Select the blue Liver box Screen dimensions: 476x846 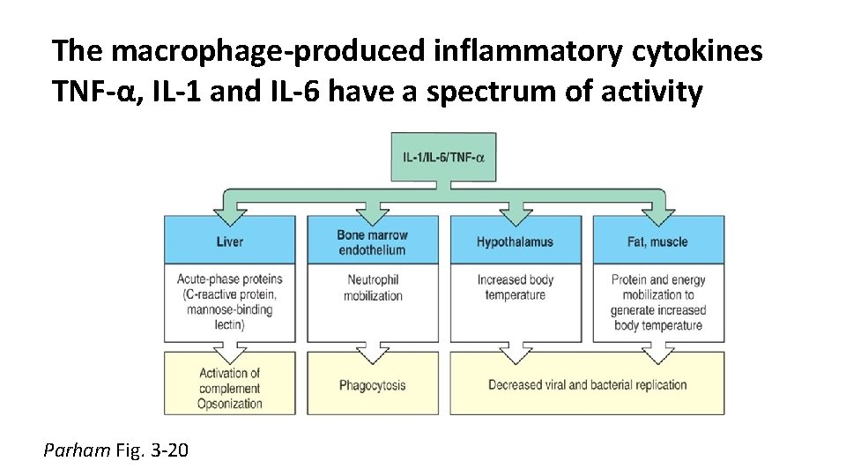(x=230, y=241)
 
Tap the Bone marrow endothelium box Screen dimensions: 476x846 (x=372, y=242)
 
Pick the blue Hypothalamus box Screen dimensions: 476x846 (x=515, y=242)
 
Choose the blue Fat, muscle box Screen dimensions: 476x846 (x=658, y=242)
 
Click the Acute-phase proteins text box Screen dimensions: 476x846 (x=230, y=301)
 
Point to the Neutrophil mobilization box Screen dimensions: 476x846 (x=372, y=288)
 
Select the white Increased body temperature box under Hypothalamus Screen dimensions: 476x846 (x=515, y=288)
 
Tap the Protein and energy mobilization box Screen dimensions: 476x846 (x=658, y=302)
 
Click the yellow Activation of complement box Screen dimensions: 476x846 (x=230, y=388)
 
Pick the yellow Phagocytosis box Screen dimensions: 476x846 (x=372, y=385)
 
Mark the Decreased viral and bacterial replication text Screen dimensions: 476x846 (x=587, y=384)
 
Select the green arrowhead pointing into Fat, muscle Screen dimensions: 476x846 (x=659, y=211)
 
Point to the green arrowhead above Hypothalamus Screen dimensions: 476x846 (x=516, y=211)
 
